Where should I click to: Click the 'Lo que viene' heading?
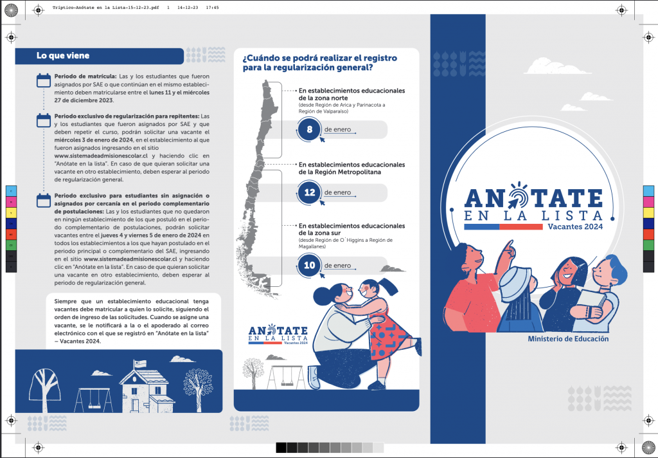point(62,55)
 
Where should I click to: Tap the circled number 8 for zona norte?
point(309,129)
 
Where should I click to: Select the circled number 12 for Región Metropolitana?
point(309,192)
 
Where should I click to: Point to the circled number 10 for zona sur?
point(309,266)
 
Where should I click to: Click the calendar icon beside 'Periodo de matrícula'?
point(44,80)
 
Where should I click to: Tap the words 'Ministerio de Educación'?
point(568,338)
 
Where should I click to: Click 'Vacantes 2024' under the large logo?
point(575,226)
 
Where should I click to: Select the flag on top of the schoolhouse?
point(140,364)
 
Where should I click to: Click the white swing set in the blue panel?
point(94,400)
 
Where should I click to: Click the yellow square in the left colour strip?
point(11,213)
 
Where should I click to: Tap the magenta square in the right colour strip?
point(648,202)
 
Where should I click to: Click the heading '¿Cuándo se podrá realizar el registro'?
point(320,58)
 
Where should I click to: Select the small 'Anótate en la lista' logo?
point(278,334)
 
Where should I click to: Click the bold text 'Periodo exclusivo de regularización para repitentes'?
point(127,116)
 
